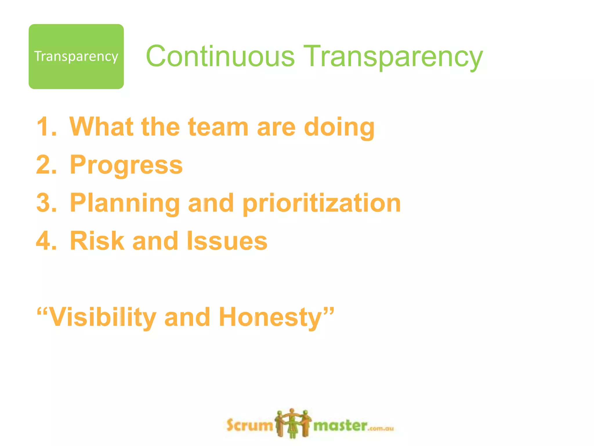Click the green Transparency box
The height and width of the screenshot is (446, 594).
[76, 56]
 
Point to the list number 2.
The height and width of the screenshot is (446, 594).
[46, 165]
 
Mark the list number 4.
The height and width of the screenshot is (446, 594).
[46, 241]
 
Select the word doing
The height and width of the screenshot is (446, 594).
[339, 128]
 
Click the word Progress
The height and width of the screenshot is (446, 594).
[126, 165]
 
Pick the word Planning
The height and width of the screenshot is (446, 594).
[125, 203]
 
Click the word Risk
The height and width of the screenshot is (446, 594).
[97, 241]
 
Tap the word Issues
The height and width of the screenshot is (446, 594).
[227, 241]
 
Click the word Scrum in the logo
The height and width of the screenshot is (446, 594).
[249, 425]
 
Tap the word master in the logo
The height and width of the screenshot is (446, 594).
[341, 426]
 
